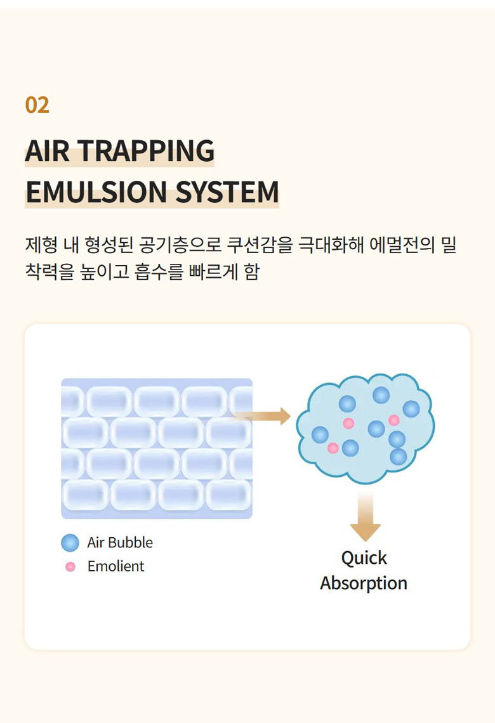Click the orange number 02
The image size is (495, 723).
(37, 105)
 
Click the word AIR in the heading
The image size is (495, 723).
(47, 151)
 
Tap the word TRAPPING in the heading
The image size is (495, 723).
(146, 151)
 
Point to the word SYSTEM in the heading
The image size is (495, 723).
(227, 192)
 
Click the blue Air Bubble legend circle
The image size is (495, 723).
(70, 543)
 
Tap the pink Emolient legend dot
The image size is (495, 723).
(70, 567)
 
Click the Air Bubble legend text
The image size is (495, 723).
(120, 543)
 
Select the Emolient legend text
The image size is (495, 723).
(115, 566)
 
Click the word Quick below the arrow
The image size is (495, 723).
(364, 558)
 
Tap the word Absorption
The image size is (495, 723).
(364, 583)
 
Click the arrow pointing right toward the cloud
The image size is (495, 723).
(261, 417)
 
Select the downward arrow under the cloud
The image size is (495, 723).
(366, 516)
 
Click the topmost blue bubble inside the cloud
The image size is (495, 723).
(381, 395)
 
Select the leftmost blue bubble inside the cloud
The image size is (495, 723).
(320, 435)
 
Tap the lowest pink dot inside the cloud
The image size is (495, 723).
(333, 448)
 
